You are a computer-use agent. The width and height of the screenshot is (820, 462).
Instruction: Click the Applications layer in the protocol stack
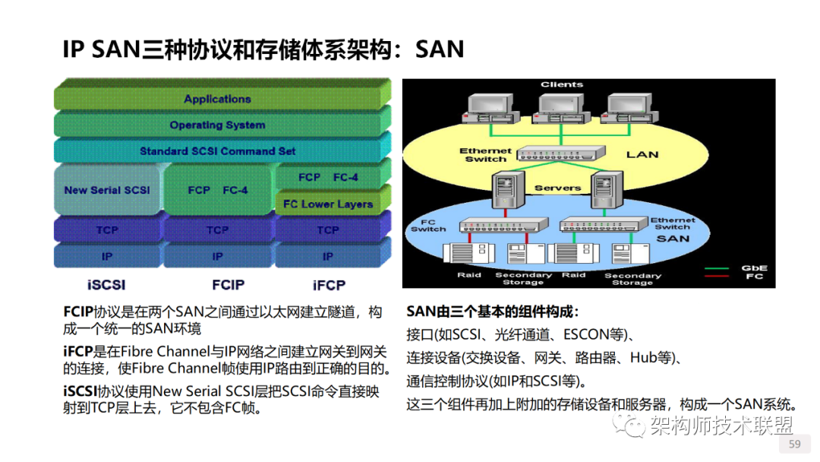[x=217, y=99]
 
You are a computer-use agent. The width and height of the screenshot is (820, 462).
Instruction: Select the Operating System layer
[x=217, y=125]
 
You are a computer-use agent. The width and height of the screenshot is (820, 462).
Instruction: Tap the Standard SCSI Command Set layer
[x=217, y=151]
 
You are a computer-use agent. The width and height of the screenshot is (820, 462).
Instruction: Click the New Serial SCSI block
[x=106, y=190]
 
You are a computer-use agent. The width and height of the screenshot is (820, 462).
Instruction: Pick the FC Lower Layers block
[x=328, y=204]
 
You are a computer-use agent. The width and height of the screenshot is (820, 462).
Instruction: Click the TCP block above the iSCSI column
[x=107, y=229]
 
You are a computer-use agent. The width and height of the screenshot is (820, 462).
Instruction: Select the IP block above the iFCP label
[x=328, y=257]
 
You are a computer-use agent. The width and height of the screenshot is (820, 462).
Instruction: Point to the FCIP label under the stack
[x=229, y=286]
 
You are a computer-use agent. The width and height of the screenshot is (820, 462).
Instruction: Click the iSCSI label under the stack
[x=106, y=286]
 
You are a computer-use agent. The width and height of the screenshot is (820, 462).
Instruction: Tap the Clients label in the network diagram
[x=562, y=84]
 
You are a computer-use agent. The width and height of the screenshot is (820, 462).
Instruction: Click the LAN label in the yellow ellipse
[x=642, y=154]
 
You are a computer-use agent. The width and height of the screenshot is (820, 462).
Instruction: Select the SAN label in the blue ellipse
[x=673, y=239]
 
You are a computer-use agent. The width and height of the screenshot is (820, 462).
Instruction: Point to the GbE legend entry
[x=754, y=268]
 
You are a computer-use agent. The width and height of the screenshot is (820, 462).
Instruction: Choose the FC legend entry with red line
[x=754, y=277]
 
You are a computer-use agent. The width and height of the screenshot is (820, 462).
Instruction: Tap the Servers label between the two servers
[x=557, y=188]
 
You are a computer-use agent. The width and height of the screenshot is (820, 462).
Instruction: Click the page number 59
[x=795, y=445]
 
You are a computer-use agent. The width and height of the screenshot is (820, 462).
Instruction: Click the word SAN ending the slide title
[x=440, y=49]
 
